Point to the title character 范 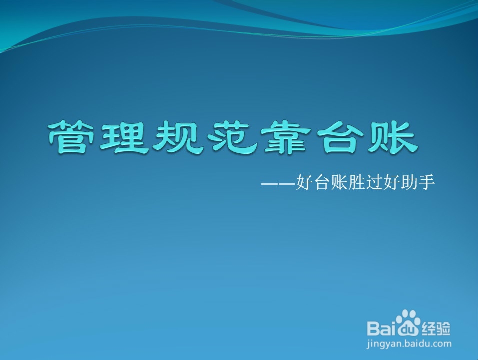230,137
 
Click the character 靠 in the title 284,137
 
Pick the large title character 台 338,137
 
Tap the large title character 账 392,137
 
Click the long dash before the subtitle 278,184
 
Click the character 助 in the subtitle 409,182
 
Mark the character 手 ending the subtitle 427,182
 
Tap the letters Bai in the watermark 382,328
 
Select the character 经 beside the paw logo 429,329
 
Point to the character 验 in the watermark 443,329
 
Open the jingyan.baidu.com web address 409,344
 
